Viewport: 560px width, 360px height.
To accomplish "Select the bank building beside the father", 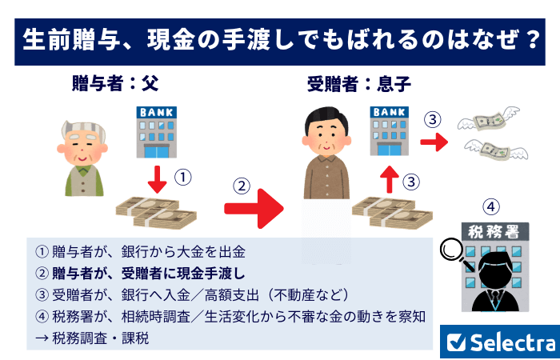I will tap(158, 132).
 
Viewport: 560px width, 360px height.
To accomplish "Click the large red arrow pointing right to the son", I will tap(254, 210).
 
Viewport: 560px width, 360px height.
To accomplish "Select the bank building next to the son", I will tap(390, 132).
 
